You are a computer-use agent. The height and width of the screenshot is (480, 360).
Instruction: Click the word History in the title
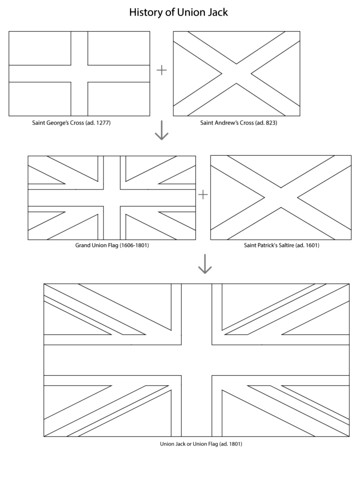click(x=148, y=13)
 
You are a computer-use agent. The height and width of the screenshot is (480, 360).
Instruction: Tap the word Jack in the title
click(x=217, y=12)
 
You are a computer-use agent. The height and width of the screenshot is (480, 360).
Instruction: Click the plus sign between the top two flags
click(x=161, y=70)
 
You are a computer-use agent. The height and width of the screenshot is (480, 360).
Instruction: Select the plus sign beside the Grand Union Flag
click(x=203, y=194)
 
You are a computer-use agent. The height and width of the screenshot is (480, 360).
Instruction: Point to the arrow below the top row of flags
click(x=162, y=130)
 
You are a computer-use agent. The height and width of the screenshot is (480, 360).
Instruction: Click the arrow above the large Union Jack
click(x=205, y=264)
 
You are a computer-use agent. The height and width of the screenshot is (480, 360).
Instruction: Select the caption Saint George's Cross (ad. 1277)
click(x=71, y=123)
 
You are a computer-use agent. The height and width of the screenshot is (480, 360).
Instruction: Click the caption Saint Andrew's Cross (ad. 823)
click(x=238, y=123)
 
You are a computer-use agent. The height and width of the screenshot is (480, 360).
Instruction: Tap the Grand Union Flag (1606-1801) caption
click(x=112, y=245)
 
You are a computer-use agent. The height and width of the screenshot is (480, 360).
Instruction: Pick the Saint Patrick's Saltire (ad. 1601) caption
click(x=281, y=245)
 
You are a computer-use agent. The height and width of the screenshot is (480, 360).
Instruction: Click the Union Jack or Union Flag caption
click(x=201, y=444)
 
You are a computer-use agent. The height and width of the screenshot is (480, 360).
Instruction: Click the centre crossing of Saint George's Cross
click(x=79, y=74)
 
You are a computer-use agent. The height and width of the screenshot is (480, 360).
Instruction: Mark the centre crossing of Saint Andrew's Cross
click(x=236, y=74)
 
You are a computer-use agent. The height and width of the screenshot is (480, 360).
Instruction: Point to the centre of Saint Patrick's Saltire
click(x=281, y=197)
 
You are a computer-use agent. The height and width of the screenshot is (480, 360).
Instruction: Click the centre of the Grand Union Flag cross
click(x=112, y=198)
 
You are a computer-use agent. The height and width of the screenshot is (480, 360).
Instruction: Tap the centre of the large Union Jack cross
click(x=197, y=360)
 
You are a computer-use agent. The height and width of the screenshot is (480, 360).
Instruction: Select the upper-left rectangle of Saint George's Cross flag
click(x=40, y=48)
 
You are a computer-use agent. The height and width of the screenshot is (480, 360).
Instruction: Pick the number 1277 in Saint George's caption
click(x=103, y=123)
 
